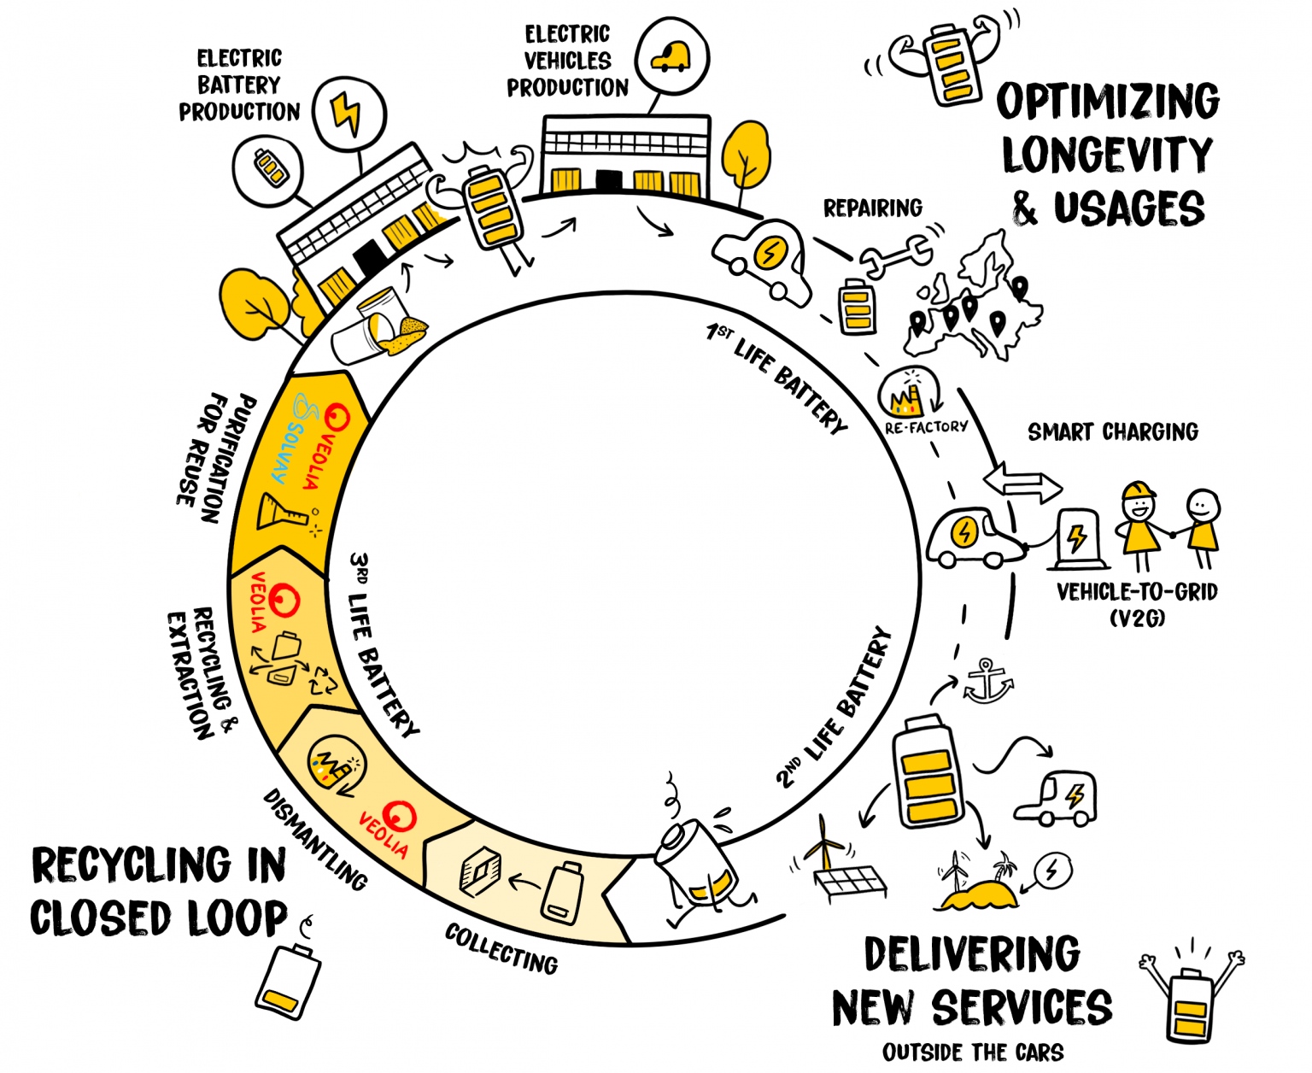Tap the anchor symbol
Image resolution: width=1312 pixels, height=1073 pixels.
[987, 681]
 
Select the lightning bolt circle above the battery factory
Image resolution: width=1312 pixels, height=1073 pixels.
[348, 114]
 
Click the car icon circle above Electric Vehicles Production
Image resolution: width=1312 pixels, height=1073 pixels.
[673, 57]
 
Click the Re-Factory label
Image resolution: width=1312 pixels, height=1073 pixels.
[926, 425]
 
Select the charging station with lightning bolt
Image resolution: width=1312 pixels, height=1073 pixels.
[1077, 540]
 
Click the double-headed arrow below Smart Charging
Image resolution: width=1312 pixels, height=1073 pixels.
[1022, 484]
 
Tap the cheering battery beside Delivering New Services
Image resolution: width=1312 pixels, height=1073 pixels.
[1190, 994]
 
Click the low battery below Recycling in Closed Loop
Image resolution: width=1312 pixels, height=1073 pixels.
[289, 979]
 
